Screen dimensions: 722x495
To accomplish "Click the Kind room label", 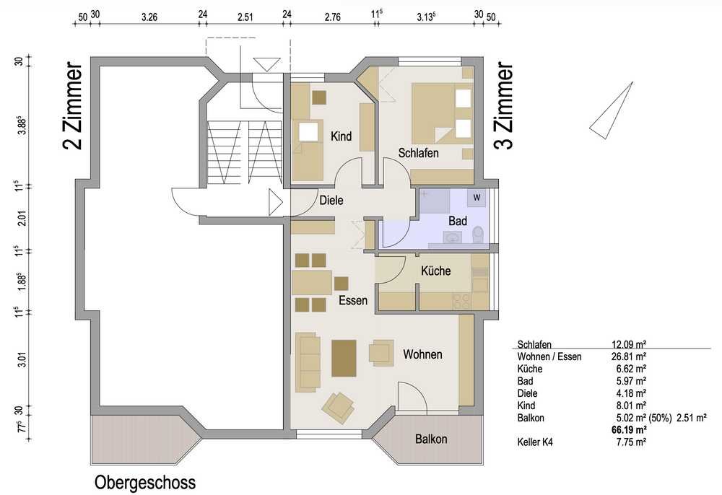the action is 342,136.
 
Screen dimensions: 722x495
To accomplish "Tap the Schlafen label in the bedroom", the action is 418,153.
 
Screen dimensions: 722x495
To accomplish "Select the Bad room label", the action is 458,221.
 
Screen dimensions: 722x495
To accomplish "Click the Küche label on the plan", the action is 435,271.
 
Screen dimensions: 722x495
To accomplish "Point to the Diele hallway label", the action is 331,200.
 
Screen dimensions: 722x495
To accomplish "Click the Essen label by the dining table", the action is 353,300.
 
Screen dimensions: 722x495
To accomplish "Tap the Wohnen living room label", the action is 422,354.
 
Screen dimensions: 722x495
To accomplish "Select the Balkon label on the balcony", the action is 431,439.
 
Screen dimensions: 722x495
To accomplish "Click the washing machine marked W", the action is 477,198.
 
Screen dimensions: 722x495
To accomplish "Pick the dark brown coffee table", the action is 344,358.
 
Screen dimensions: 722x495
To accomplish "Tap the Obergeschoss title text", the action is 145,483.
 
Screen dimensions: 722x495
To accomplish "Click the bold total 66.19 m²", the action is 628,430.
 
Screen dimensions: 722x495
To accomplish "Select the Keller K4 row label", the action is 535,442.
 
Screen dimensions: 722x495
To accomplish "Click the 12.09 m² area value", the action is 628,344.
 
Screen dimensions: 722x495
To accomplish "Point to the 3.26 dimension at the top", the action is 149,17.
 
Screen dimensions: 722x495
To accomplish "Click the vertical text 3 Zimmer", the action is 503,106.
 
